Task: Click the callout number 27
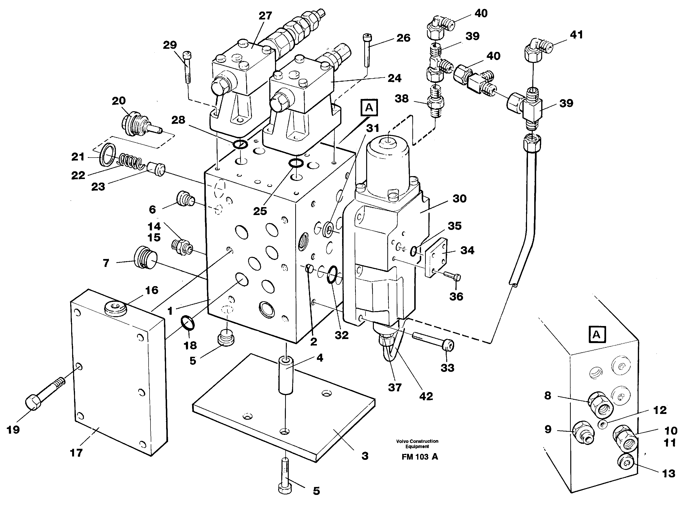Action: tap(265, 16)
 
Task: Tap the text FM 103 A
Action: tap(420, 457)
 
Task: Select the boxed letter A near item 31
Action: tap(369, 108)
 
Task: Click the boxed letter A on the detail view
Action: tap(596, 334)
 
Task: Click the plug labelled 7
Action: tap(145, 258)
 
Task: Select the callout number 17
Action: tap(76, 452)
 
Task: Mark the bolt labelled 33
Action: tap(434, 340)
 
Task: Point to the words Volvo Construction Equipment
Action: tap(417, 443)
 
